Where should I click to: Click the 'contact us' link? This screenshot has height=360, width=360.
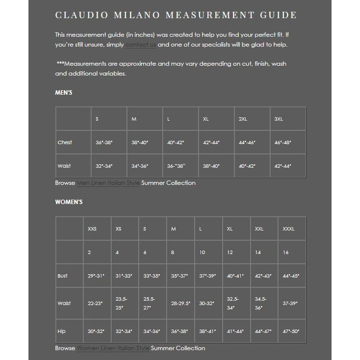click(140, 45)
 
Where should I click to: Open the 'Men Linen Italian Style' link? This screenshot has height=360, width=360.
click(108, 183)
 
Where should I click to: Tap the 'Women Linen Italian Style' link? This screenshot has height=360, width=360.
click(113, 348)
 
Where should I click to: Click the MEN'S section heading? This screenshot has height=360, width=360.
click(64, 93)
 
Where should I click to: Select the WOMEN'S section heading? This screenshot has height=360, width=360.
click(69, 202)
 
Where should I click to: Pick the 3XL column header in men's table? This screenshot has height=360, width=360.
click(279, 119)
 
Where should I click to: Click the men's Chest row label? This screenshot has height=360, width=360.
click(65, 142)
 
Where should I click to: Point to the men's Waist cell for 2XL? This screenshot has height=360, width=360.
click(247, 166)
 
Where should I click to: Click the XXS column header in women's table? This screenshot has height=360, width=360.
click(92, 229)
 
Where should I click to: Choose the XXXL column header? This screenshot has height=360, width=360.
click(288, 229)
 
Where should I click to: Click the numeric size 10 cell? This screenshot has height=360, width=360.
click(202, 253)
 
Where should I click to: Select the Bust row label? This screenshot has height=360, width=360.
click(62, 276)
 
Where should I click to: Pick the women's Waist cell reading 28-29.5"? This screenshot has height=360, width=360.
click(180, 304)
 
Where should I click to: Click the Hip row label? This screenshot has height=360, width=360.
click(61, 331)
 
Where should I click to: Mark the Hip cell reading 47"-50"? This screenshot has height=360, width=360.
click(291, 331)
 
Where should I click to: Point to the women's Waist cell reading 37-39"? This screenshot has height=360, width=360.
click(290, 304)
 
